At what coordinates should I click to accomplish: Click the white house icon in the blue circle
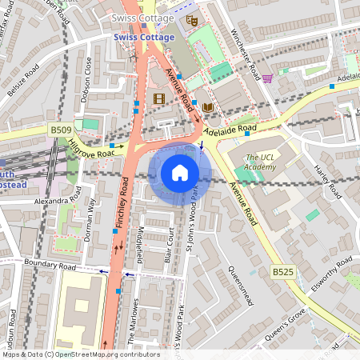tap(179, 173)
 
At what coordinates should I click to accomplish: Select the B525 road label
tap(282, 272)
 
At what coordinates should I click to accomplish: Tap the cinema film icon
tap(158, 98)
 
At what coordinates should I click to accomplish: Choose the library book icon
tap(208, 107)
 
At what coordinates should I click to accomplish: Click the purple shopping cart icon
tap(267, 78)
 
